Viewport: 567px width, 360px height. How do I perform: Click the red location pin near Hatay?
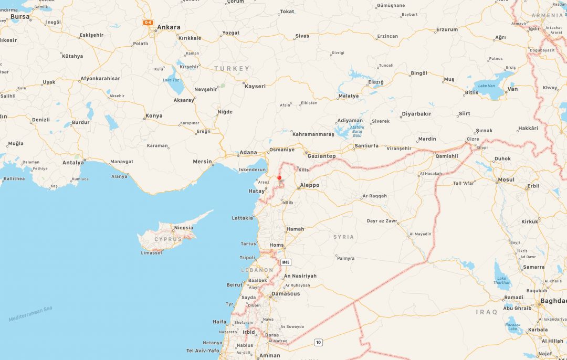pos(279,178)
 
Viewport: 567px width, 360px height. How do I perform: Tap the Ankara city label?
pos(169,27)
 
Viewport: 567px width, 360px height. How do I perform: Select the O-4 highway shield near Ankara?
pos(148,23)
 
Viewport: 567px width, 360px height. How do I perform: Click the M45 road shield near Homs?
pos(286,262)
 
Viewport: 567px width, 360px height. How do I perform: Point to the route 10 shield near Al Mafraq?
pos(318,343)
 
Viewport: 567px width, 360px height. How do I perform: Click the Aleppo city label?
pos(309,185)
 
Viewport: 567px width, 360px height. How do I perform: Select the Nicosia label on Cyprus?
pos(183,228)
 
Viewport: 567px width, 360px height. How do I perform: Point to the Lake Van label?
pos(487,86)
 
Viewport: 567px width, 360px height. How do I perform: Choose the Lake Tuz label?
pos(171,80)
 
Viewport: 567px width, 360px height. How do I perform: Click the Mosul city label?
pos(506,180)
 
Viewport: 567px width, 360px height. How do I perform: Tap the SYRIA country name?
pos(344,237)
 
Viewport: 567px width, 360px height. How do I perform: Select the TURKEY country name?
pos(232,69)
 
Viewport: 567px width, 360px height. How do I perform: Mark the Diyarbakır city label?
pos(416,114)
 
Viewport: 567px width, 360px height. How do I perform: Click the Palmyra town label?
pos(345,258)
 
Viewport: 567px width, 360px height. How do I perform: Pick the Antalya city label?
pos(73,163)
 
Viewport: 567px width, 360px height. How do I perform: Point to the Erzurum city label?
pos(447,29)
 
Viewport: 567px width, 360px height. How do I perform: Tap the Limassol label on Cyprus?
pos(151,253)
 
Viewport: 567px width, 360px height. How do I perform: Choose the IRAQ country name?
pos(486,312)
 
